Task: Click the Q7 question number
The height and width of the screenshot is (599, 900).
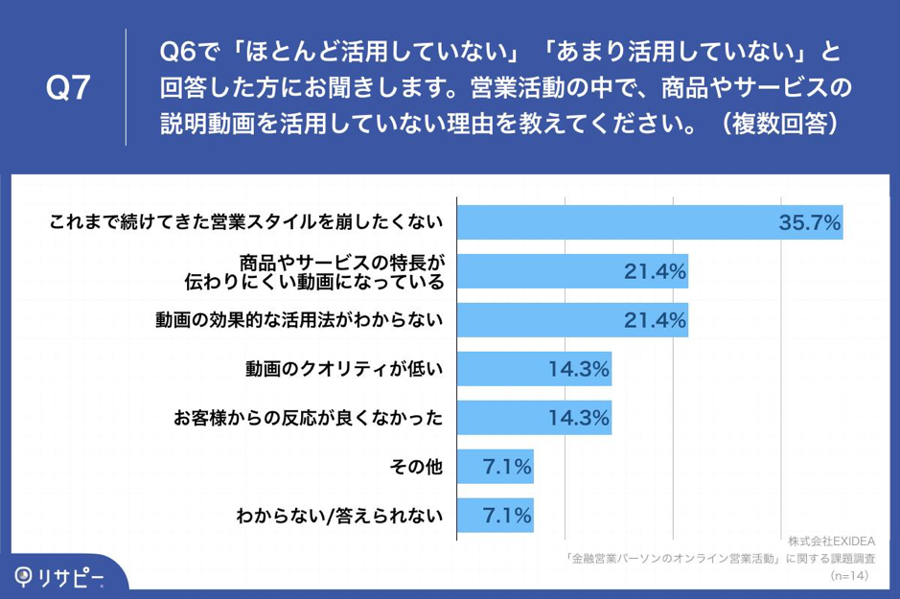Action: (x=68, y=88)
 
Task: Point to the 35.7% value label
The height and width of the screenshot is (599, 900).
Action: (x=810, y=223)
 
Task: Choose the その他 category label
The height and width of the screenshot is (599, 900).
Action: (x=416, y=468)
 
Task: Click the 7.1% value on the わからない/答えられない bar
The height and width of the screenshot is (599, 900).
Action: (x=507, y=516)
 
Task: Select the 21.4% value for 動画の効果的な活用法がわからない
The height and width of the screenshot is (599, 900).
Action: (x=655, y=320)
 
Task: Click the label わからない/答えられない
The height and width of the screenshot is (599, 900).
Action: (x=340, y=517)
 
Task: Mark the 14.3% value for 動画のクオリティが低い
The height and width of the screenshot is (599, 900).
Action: (x=579, y=368)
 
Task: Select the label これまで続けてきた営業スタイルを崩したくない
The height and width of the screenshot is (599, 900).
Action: (x=246, y=222)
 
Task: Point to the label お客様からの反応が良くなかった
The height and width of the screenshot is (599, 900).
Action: (x=309, y=418)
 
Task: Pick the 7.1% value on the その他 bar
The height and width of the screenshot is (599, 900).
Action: (x=507, y=468)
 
